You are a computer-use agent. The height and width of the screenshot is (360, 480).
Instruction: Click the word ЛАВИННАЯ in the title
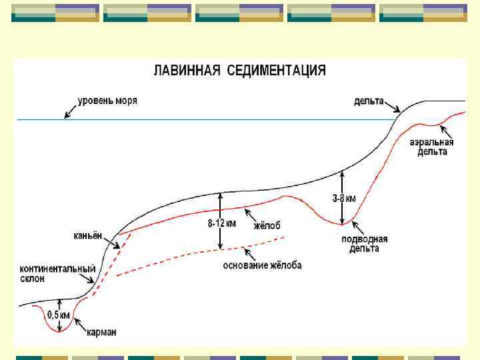pos(187,71)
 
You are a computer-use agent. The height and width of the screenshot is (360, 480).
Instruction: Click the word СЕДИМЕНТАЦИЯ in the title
pos(277,71)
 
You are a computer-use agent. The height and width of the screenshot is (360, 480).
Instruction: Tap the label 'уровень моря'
pos(107,101)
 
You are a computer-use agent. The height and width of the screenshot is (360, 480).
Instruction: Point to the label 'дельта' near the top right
pos(369,101)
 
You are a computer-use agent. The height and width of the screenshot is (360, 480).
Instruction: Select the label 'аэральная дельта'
pos(432,147)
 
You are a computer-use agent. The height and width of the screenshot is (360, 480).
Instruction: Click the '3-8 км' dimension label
pos(344,198)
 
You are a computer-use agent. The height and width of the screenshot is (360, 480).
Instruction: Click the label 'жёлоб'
pos(267,226)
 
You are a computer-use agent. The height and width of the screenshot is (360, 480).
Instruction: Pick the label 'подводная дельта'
pos(364,243)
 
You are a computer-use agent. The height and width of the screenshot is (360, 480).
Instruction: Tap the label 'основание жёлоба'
pos(262,265)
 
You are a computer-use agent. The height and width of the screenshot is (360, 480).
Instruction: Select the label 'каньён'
pos(87,235)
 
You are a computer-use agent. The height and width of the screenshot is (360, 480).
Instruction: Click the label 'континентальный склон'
pos(57,273)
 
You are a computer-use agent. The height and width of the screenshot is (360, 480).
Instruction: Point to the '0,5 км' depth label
pos(59,315)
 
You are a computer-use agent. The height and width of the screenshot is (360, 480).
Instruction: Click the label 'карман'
pos(101,332)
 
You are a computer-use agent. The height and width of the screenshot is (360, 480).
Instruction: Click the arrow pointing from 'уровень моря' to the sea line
pos(69,111)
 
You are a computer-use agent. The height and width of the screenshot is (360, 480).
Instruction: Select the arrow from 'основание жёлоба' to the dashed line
pos(251,254)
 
